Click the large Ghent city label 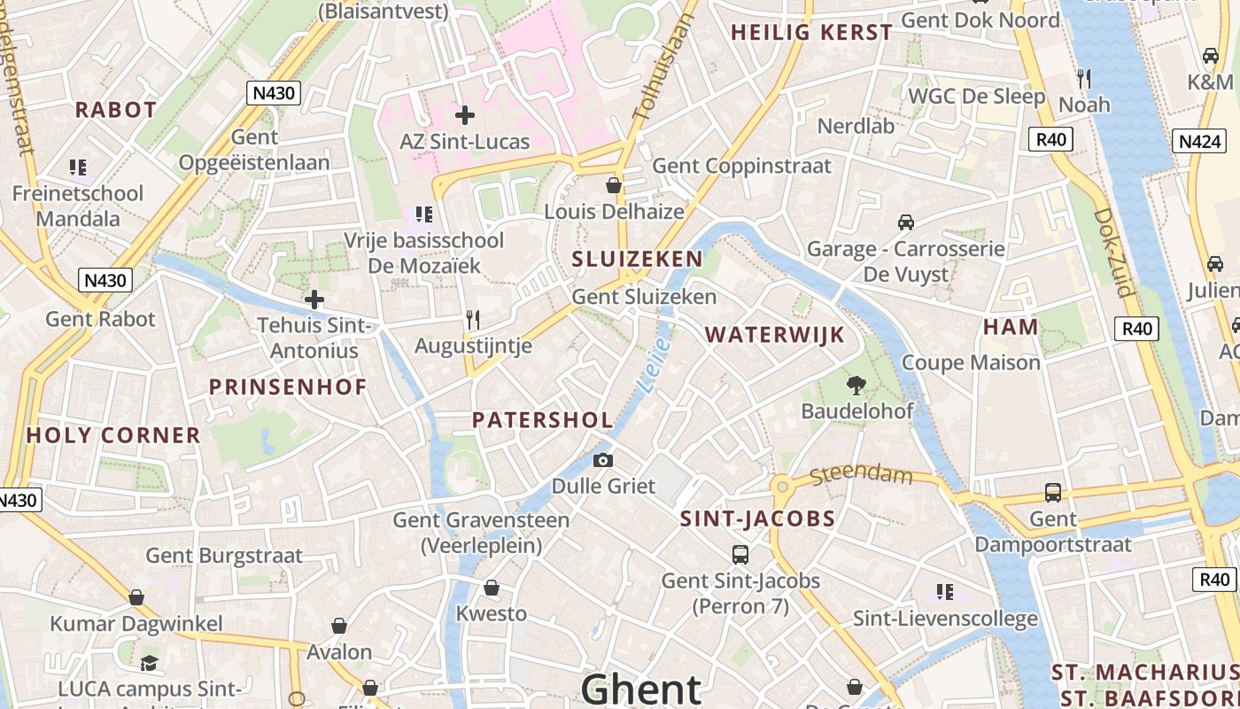(x=641, y=689)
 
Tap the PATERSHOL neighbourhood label (x=542, y=420)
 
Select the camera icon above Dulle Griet (x=603, y=460)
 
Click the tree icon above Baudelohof (x=856, y=385)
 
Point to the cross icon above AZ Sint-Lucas (x=464, y=115)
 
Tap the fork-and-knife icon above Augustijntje (x=473, y=320)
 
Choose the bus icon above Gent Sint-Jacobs (x=740, y=555)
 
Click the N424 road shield (x=1201, y=141)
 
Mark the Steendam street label (x=861, y=474)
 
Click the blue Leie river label (x=653, y=365)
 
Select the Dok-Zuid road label (x=1113, y=253)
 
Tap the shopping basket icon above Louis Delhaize (x=613, y=185)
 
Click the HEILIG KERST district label (x=811, y=33)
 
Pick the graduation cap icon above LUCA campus (x=150, y=663)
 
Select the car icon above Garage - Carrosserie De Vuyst (x=905, y=222)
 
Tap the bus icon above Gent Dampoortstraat (x=1052, y=493)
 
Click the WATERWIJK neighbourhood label (x=774, y=335)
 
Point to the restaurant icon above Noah (x=1083, y=78)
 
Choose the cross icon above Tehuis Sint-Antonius (x=314, y=300)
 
